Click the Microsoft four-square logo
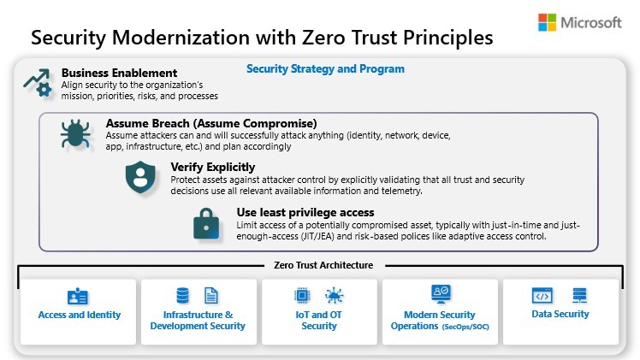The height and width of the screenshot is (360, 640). pyautogui.click(x=548, y=22)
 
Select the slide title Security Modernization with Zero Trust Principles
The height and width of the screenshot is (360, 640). pyautogui.click(x=262, y=38)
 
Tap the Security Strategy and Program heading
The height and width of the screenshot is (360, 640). pyautogui.click(x=325, y=69)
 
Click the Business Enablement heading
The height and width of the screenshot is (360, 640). pyautogui.click(x=120, y=73)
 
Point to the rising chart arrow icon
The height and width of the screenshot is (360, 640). pyautogui.click(x=38, y=82)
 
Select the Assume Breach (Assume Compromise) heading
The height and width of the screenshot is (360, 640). pyautogui.click(x=211, y=123)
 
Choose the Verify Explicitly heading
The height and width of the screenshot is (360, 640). pyautogui.click(x=212, y=167)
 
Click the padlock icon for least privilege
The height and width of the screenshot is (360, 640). pyautogui.click(x=205, y=223)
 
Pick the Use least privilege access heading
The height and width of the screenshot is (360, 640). pyautogui.click(x=305, y=212)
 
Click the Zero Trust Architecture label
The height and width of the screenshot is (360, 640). pyautogui.click(x=323, y=265)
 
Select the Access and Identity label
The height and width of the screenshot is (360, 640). pyautogui.click(x=80, y=315)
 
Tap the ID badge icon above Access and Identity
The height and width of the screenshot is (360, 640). pyautogui.click(x=78, y=296)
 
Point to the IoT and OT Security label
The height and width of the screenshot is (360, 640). pyautogui.click(x=319, y=320)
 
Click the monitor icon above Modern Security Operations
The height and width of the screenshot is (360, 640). pyautogui.click(x=441, y=294)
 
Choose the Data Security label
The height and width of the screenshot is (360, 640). pyautogui.click(x=560, y=314)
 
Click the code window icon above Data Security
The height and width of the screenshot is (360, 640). pyautogui.click(x=542, y=295)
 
